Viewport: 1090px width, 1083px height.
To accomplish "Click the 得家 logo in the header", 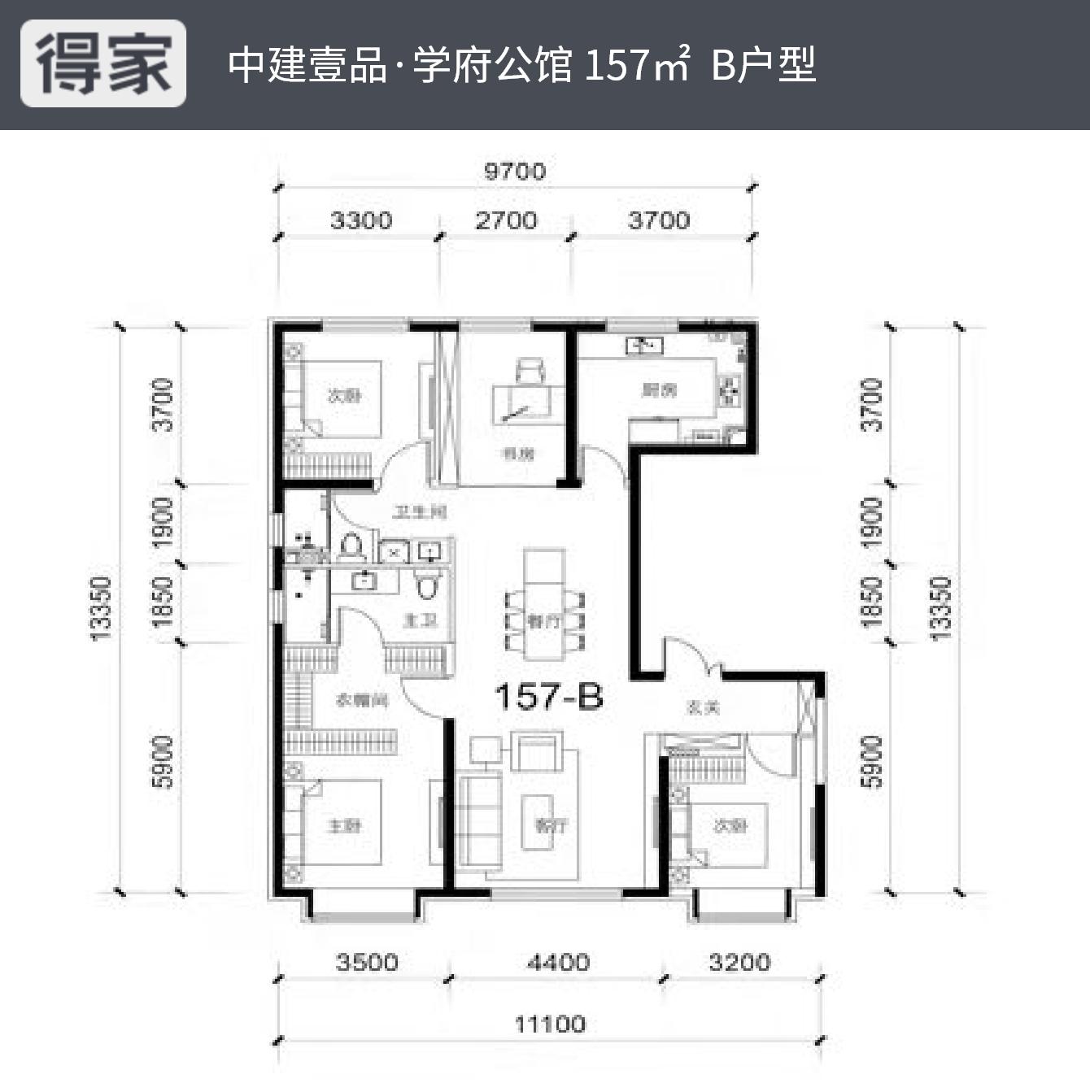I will [x=103, y=63].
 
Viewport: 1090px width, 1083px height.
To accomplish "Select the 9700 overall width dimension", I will [x=515, y=172].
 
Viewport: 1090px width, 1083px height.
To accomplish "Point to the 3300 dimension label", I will [x=360, y=220].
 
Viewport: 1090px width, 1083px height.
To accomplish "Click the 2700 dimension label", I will [x=506, y=220].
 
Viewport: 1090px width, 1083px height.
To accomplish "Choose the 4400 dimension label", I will [x=558, y=963].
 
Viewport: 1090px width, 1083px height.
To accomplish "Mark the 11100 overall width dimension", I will [x=550, y=1024].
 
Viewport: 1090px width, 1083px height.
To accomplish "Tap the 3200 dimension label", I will [x=739, y=963].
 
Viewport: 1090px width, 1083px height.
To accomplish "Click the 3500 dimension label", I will [x=367, y=963].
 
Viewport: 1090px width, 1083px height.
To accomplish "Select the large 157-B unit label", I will [x=549, y=697].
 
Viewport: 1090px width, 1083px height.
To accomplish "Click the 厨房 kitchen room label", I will [x=659, y=391].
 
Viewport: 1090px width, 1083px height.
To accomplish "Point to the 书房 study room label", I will [x=518, y=454].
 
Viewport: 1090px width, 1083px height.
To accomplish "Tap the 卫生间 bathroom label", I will [x=420, y=512].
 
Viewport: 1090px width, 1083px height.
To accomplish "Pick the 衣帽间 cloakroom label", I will [x=362, y=700].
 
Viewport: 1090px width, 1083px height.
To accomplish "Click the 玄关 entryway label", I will [x=704, y=708].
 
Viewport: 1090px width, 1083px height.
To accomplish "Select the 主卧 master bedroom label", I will [x=344, y=826].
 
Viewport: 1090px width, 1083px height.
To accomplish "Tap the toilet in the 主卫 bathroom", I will [x=427, y=585].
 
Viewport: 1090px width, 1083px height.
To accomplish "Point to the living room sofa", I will [x=480, y=823].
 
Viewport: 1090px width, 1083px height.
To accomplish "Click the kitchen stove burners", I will [x=729, y=391].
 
